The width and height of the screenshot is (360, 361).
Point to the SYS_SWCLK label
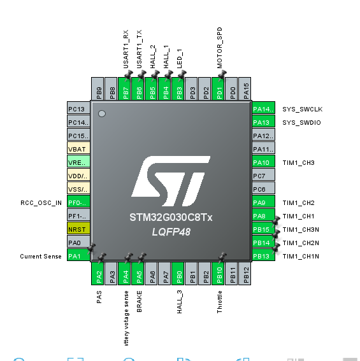point(299,109)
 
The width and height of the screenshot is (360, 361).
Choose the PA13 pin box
point(263,122)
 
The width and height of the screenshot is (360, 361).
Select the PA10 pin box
point(263,162)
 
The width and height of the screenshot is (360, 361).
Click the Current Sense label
point(41,257)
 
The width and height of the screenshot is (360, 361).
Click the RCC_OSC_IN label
point(41,202)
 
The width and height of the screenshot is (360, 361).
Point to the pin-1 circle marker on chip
point(101,114)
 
